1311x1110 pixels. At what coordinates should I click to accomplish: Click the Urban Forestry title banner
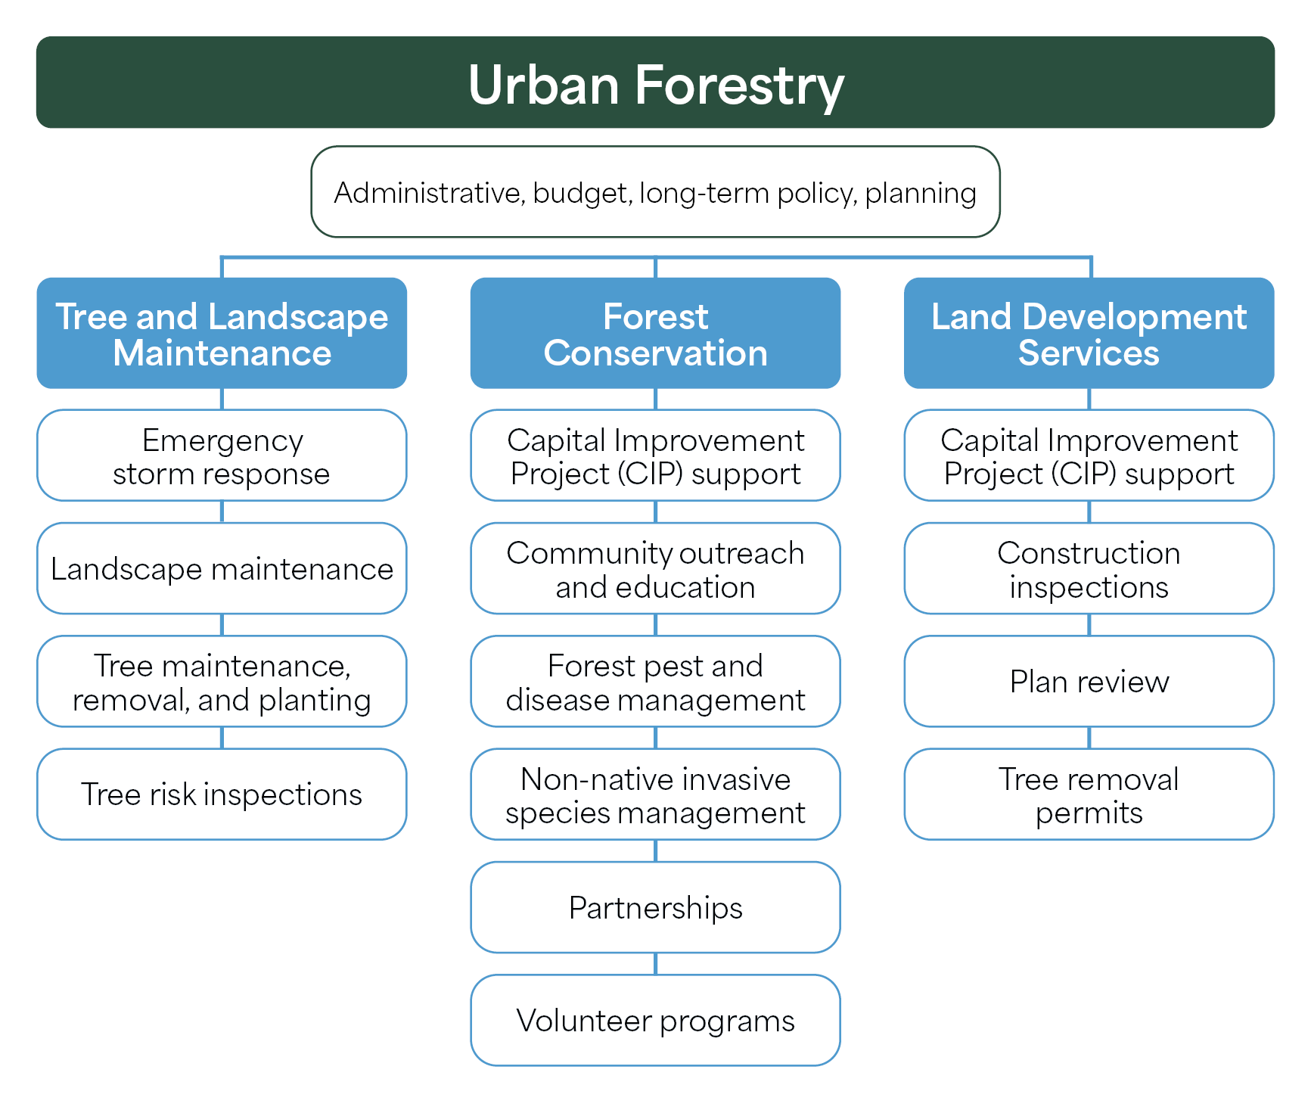click(655, 82)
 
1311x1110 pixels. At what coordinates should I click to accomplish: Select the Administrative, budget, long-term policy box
click(655, 192)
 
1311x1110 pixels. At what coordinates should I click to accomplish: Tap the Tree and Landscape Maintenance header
click(222, 334)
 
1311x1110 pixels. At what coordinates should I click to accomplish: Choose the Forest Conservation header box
click(655, 334)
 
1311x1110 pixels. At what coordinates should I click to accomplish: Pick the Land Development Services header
click(1089, 334)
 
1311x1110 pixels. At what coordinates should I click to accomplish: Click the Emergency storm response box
click(222, 456)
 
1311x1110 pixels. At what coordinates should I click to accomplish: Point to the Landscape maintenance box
click(222, 568)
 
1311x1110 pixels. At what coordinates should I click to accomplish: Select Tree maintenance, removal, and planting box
click(222, 681)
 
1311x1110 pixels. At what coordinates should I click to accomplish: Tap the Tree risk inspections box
click(222, 794)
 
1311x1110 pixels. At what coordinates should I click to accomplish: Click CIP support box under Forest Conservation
click(655, 456)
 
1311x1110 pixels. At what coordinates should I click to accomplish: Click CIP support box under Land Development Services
click(1089, 456)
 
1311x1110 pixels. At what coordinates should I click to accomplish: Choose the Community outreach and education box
click(655, 568)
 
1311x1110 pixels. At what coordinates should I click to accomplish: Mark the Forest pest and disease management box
click(655, 681)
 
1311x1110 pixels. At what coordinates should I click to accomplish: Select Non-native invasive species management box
click(655, 794)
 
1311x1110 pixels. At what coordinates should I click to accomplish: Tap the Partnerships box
click(655, 906)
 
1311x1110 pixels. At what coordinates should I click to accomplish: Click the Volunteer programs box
click(655, 1020)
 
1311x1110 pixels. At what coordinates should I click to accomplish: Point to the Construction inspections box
click(1089, 568)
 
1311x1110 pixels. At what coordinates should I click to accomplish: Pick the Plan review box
click(1089, 681)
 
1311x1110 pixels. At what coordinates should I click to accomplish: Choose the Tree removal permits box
click(1089, 794)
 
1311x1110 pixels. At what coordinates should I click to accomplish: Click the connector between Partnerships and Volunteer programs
click(655, 963)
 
